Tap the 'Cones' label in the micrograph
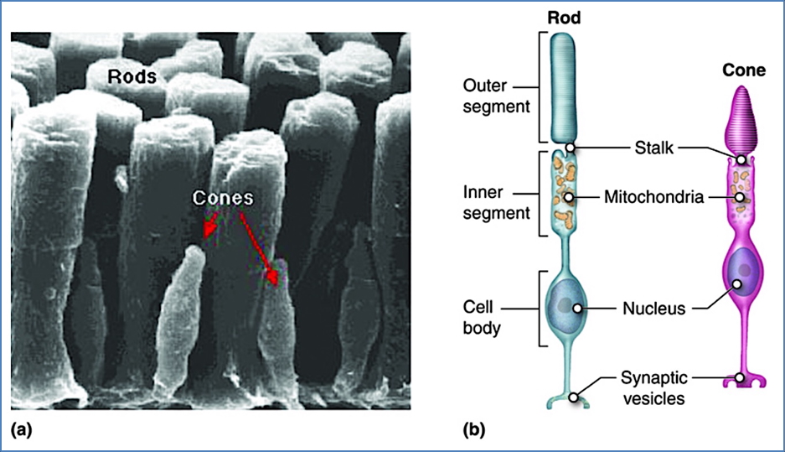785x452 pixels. (223, 198)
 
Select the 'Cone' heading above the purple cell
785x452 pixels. (743, 70)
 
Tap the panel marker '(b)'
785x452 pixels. (473, 431)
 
